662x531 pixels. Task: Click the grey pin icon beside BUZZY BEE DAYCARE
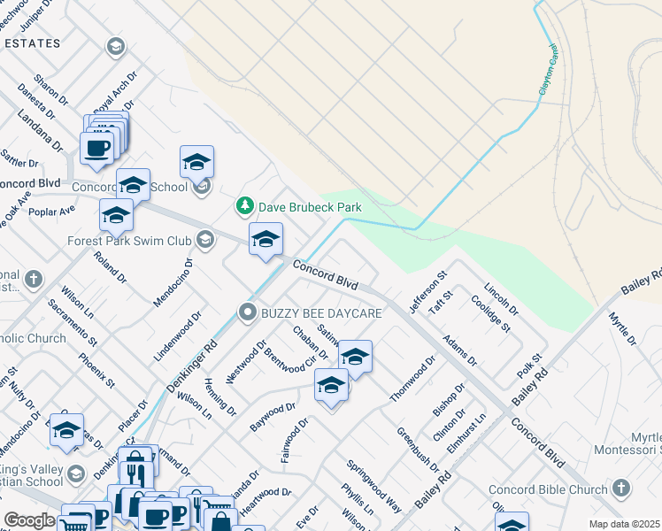(x=250, y=313)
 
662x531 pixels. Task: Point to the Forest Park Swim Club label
(x=130, y=240)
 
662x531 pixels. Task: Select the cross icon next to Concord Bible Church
(x=621, y=489)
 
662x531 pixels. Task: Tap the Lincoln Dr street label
(x=502, y=298)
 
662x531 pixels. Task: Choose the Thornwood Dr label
(x=412, y=379)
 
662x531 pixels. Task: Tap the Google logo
(x=29, y=521)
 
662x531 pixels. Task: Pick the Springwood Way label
(x=373, y=487)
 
